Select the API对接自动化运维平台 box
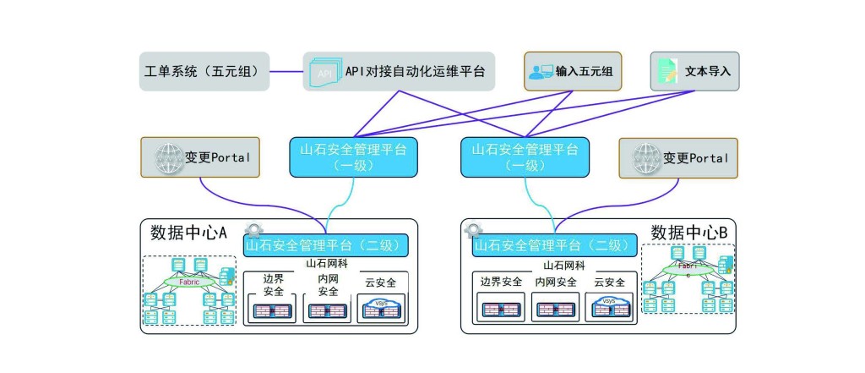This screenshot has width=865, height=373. coord(399,72)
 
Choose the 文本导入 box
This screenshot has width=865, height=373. coord(695,72)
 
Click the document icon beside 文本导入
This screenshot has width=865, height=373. coord(668,72)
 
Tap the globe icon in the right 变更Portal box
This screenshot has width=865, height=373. coord(648,158)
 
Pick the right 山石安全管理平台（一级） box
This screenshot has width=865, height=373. coord(525,157)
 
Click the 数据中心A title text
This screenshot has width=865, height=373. coord(188,233)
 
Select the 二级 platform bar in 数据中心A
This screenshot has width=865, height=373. coord(325,245)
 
